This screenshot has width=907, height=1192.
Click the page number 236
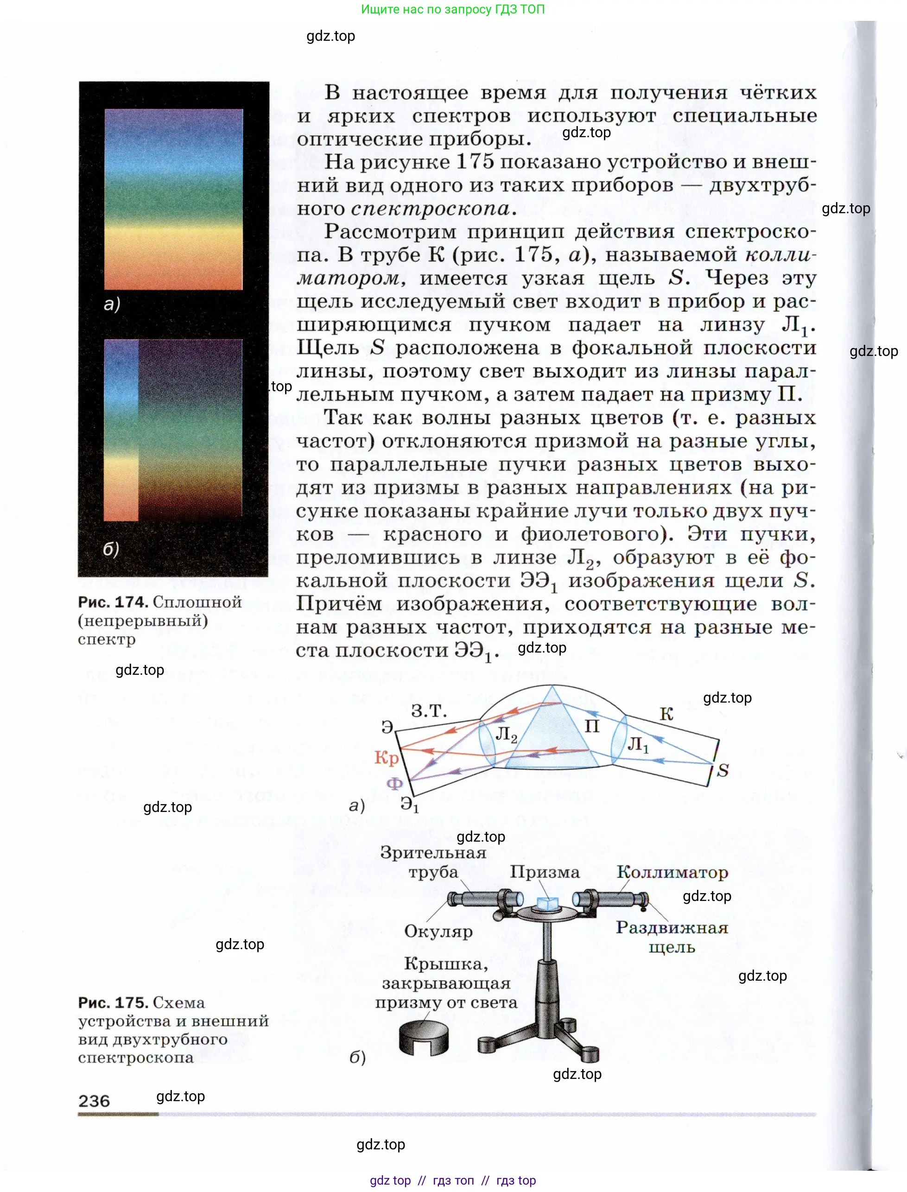point(94,1101)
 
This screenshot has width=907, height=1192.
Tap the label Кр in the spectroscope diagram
point(386,757)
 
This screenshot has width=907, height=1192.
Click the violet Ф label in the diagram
point(395,783)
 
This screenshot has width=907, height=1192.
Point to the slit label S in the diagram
point(723,770)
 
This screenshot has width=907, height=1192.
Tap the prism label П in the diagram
point(592,726)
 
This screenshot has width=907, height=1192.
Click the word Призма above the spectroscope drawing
point(545,872)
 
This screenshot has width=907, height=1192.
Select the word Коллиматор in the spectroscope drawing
point(672,872)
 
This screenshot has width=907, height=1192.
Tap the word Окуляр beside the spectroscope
point(438,931)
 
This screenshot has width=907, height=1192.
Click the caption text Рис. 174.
point(113,602)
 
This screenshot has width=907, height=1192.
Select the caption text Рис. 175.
point(113,1002)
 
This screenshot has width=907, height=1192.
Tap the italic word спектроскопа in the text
point(430,209)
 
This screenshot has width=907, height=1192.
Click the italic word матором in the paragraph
point(348,279)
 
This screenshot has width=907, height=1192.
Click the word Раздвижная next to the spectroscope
point(672,927)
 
